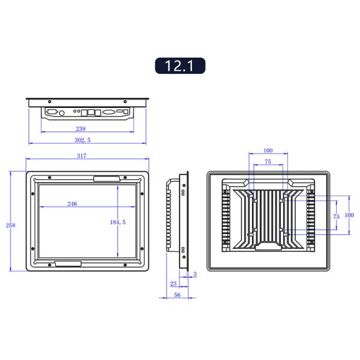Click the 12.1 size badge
180,65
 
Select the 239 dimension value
80,128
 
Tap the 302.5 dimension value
82,140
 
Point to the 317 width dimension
82,155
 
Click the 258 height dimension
11,225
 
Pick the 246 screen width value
72,203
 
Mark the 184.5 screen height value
118,222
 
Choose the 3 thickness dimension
195,274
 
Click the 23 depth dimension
173,284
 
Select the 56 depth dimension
177,295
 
